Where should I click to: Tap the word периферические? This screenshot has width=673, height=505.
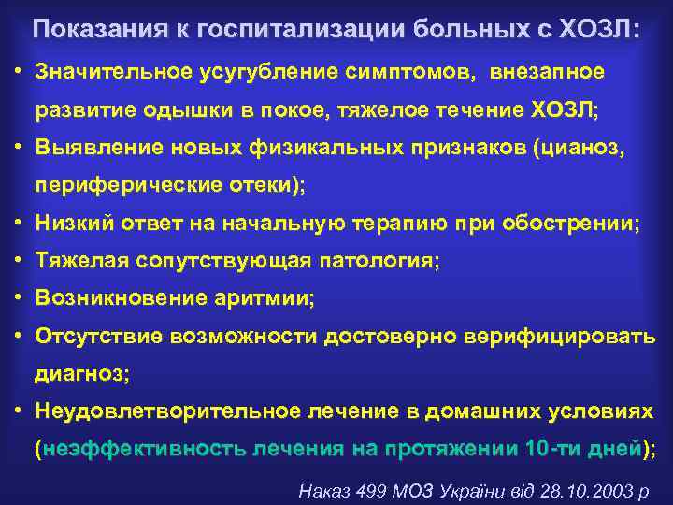(x=125, y=184)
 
